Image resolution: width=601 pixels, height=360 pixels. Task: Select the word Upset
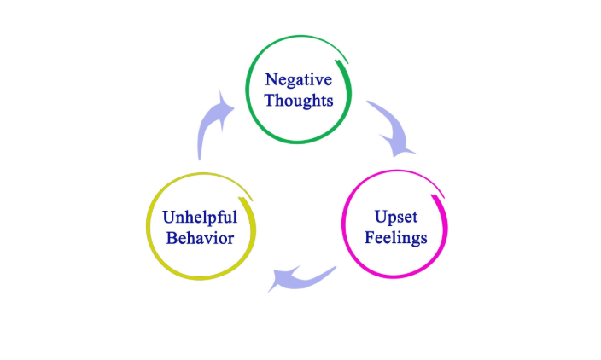click(x=396, y=218)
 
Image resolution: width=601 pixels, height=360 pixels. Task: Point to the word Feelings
click(x=395, y=238)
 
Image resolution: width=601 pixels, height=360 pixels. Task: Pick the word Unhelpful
click(x=199, y=218)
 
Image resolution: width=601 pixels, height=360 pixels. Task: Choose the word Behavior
click(x=200, y=238)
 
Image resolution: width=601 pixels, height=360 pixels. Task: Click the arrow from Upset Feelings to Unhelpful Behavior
click(x=303, y=276)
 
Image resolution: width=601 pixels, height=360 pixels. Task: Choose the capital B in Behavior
click(x=172, y=238)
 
